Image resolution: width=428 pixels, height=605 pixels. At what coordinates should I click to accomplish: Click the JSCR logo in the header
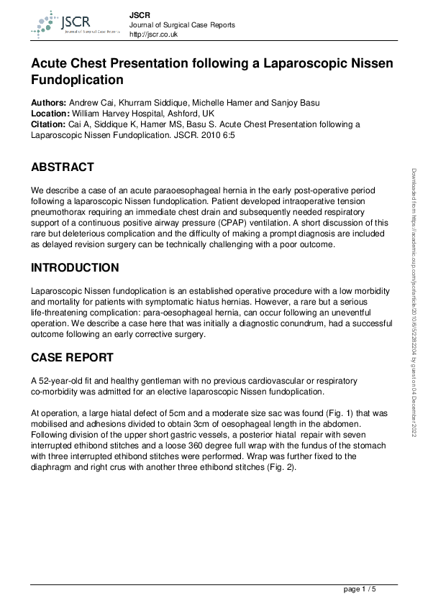(69, 24)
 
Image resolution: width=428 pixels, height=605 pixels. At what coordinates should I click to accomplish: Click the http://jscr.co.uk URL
(153, 34)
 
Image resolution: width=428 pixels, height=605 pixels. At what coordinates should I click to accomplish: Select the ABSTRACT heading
(62, 167)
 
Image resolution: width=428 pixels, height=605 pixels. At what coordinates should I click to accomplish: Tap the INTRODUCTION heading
(75, 268)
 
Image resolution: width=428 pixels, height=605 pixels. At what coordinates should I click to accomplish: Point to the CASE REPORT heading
(73, 357)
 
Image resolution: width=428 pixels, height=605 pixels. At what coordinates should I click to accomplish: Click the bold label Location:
(50, 114)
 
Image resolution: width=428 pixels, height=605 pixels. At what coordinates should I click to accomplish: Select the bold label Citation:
(49, 124)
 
